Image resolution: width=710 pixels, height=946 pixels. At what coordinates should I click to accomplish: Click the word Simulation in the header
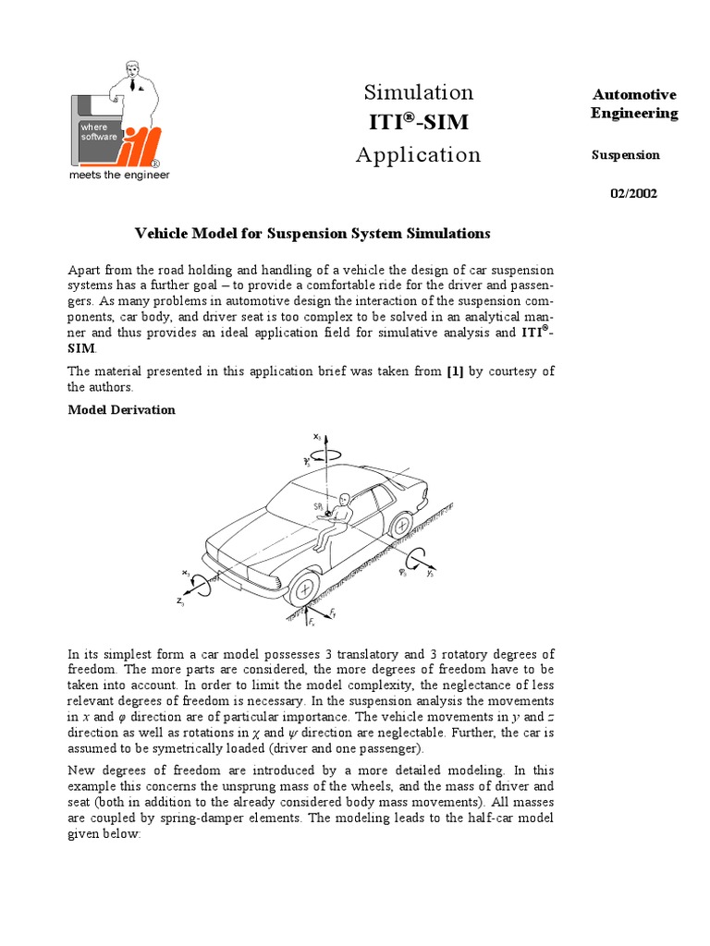pyautogui.click(x=418, y=92)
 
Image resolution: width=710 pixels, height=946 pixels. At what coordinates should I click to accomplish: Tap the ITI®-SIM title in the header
pyautogui.click(x=418, y=122)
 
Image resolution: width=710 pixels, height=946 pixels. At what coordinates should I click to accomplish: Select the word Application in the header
pyautogui.click(x=418, y=154)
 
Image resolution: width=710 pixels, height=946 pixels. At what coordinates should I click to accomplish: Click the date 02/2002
pyautogui.click(x=633, y=193)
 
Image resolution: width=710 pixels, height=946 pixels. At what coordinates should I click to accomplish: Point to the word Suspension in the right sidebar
pyautogui.click(x=625, y=155)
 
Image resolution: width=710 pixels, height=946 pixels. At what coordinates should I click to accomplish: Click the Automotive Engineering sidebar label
pyautogui.click(x=634, y=103)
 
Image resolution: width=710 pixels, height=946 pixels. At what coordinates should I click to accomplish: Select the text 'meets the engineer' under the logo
pyautogui.click(x=120, y=176)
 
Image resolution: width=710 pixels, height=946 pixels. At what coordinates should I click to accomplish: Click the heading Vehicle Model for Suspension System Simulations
pyautogui.click(x=312, y=234)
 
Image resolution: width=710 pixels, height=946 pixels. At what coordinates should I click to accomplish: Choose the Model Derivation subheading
pyautogui.click(x=121, y=409)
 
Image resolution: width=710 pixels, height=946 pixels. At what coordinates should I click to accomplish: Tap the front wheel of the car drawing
pyautogui.click(x=303, y=588)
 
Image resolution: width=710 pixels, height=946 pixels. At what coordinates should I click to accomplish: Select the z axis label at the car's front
pyautogui.click(x=181, y=601)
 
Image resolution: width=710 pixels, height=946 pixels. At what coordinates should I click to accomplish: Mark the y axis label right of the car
pyautogui.click(x=431, y=573)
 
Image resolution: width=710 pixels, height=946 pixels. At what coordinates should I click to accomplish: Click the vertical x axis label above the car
pyautogui.click(x=317, y=434)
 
